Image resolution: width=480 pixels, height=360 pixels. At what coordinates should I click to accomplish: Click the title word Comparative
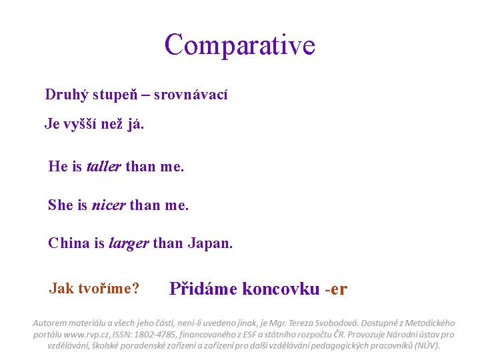click(239, 45)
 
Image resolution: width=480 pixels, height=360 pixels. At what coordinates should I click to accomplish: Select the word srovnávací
click(191, 95)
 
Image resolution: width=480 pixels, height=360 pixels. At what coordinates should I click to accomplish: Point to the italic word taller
click(104, 166)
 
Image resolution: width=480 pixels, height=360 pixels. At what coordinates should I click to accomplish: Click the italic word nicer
click(109, 205)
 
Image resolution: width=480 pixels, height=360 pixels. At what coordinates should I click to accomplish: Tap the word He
click(56, 166)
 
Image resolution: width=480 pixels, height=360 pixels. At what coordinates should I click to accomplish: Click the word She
click(59, 205)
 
